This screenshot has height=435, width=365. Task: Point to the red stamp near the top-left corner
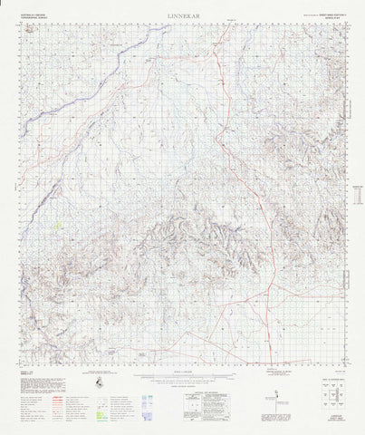(34, 28)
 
